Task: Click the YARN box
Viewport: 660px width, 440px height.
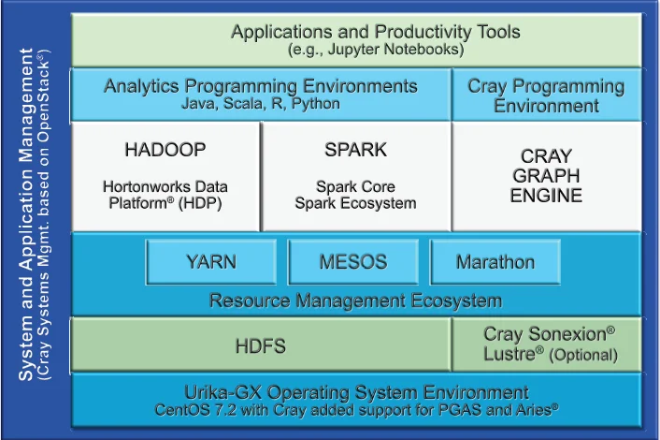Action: [211, 262]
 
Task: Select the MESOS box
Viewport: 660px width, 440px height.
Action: [353, 262]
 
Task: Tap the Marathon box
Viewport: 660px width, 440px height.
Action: [495, 262]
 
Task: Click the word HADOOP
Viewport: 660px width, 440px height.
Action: [165, 150]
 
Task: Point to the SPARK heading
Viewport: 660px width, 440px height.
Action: [355, 150]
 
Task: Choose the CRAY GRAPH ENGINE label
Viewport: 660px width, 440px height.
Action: [546, 176]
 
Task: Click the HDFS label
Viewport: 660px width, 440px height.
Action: [261, 346]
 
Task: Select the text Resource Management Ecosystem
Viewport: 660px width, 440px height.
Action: [355, 301]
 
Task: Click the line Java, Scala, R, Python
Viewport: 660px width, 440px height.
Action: [261, 103]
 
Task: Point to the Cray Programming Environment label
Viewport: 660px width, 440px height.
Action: [546, 95]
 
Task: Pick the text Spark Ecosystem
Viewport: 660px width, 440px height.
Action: [355, 203]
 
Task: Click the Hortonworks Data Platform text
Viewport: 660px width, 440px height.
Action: [165, 195]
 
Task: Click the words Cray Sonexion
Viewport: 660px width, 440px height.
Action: [545, 334]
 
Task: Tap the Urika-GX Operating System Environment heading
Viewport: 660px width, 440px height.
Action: [356, 393]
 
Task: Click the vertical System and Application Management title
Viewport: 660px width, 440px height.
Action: [26, 214]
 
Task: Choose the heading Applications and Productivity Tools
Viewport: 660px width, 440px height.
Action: [376, 32]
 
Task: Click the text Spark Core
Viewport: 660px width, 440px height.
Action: [355, 186]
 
